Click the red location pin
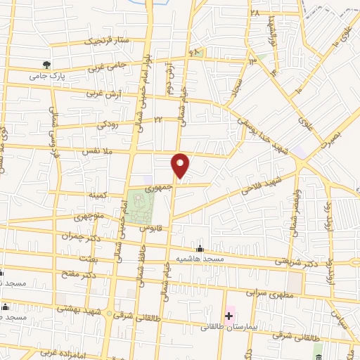click(x=181, y=165)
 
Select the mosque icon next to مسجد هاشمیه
click(x=200, y=250)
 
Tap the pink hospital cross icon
click(x=229, y=316)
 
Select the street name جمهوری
click(x=158, y=188)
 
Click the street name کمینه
click(x=96, y=193)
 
